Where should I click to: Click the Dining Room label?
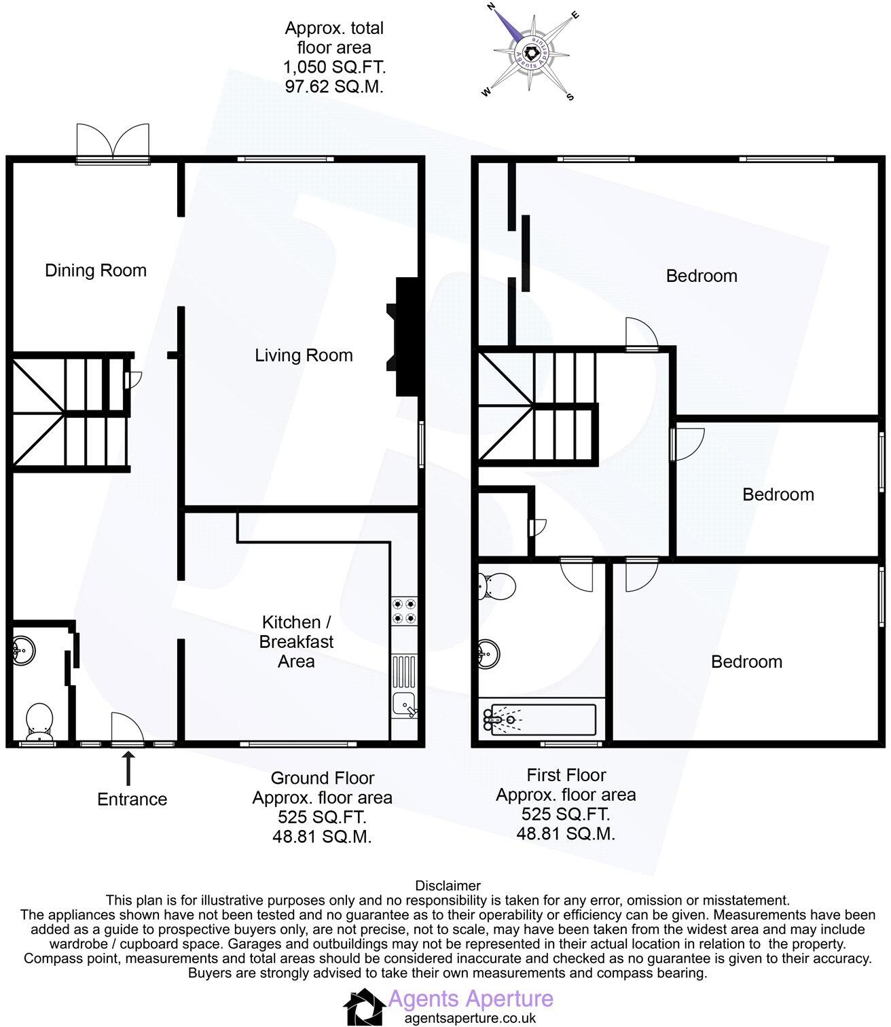(x=96, y=270)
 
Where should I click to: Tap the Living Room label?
(x=304, y=355)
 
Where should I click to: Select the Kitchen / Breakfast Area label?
(x=297, y=642)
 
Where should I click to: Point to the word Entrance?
(x=132, y=799)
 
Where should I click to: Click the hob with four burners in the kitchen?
(x=404, y=610)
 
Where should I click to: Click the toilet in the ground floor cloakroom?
(x=39, y=722)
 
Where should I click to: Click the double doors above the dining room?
(x=113, y=143)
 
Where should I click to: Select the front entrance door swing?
(x=127, y=729)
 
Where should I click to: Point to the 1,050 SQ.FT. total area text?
(x=334, y=67)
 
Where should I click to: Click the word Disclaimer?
(x=448, y=886)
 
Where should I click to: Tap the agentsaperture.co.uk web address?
(x=470, y=1018)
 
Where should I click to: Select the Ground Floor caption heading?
(x=323, y=778)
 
